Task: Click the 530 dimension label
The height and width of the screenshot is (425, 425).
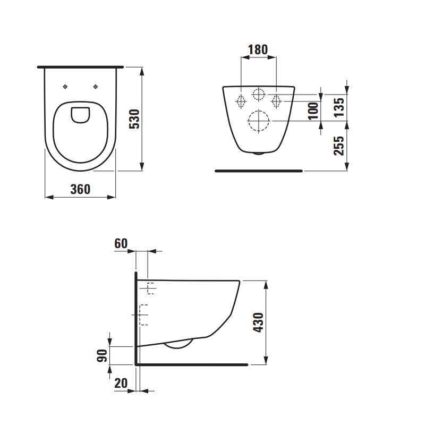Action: [x=134, y=119]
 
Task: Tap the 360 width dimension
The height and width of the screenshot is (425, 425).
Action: [x=80, y=189]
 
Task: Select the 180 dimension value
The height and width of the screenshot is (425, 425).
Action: [x=258, y=49]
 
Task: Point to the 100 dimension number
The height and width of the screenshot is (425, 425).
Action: [x=313, y=110]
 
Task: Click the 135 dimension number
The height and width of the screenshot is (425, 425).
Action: [x=339, y=108]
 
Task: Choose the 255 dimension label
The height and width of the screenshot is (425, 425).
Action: [x=339, y=146]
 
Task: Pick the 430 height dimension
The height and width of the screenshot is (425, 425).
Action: [x=258, y=322]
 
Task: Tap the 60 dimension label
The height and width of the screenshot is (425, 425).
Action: [x=121, y=243]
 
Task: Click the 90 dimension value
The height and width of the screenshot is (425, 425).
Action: [x=102, y=355]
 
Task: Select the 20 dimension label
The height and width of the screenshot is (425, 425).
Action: [x=121, y=383]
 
